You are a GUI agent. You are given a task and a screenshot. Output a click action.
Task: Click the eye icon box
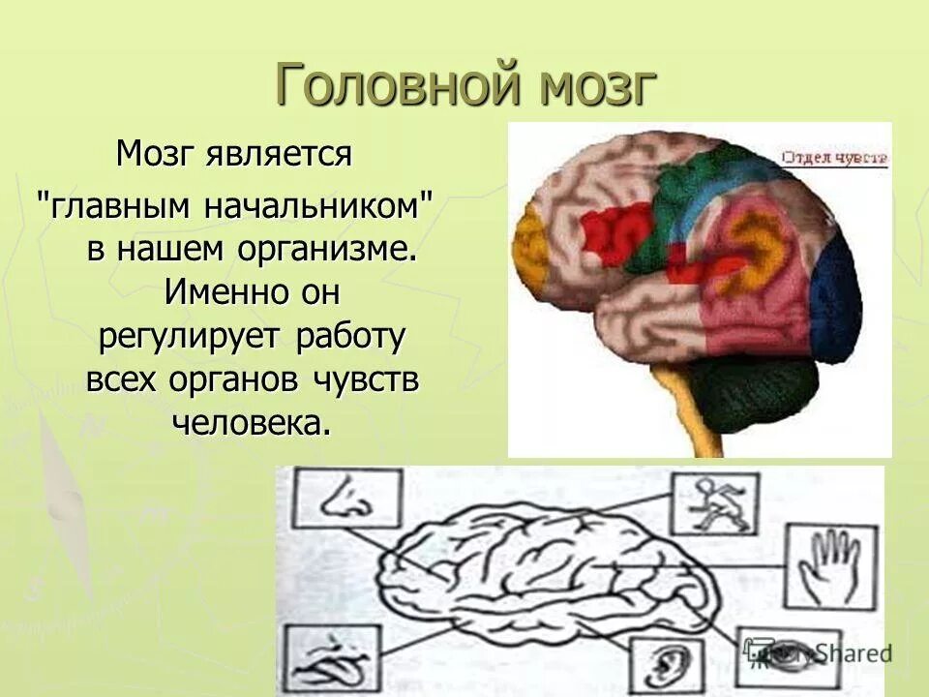[x=784, y=653]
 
